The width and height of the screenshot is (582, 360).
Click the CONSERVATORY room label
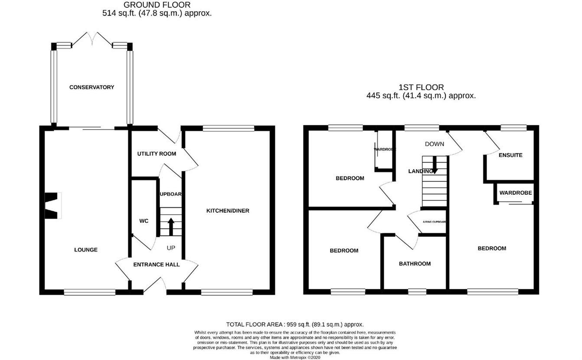pyautogui.click(x=92, y=87)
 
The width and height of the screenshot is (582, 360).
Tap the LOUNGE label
pyautogui.click(x=86, y=250)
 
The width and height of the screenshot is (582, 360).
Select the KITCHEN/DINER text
pyautogui.click(x=227, y=211)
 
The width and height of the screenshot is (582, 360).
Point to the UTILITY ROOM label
pyautogui.click(x=157, y=154)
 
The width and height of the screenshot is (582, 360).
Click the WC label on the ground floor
pyautogui.click(x=144, y=221)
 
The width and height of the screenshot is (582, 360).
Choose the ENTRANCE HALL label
pyautogui.click(x=156, y=265)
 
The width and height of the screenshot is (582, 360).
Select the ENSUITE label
pyautogui.click(x=510, y=155)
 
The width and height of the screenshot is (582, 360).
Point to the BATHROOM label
pyautogui.click(x=415, y=264)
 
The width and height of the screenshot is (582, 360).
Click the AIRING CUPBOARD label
pyautogui.click(x=434, y=222)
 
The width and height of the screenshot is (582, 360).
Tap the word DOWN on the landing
pyautogui.click(x=434, y=144)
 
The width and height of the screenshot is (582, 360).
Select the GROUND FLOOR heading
pyautogui.click(x=157, y=5)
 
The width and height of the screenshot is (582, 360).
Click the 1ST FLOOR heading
pyautogui.click(x=421, y=87)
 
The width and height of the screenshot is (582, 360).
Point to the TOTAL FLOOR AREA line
pyautogui.click(x=294, y=324)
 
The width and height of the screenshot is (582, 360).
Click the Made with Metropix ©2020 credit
pyautogui.click(x=294, y=357)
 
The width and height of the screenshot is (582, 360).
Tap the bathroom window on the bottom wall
pyautogui.click(x=417, y=292)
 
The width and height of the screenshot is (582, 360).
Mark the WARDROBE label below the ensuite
pyautogui.click(x=515, y=193)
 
